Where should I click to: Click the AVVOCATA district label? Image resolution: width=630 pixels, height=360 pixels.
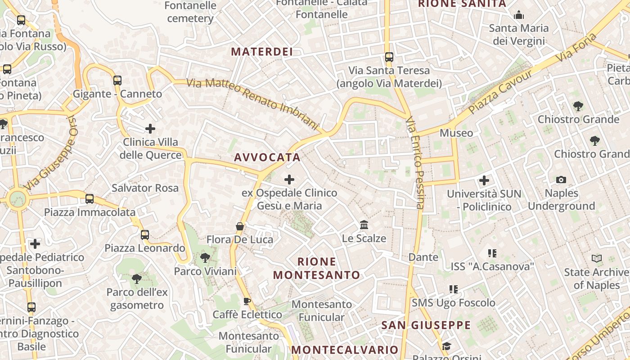tap(267, 157)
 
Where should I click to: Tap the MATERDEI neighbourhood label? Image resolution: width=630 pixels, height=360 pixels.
tap(262, 52)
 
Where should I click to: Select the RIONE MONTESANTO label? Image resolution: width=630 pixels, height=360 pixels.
tap(317, 268)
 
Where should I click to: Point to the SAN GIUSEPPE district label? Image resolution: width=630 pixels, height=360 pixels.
tap(426, 325)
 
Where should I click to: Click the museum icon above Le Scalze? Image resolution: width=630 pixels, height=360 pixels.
tap(364, 225)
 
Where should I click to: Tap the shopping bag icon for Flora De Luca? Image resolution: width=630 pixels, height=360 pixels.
tap(240, 226)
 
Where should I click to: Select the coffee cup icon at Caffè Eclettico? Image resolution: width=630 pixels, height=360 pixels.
tap(247, 301)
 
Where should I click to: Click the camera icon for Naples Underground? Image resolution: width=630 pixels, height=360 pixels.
tap(561, 180)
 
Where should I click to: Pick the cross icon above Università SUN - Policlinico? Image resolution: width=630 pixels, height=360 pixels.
tap(484, 181)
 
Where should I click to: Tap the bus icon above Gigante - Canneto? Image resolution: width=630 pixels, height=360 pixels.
tap(117, 81)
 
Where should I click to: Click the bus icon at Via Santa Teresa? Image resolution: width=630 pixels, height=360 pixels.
tap(389, 57)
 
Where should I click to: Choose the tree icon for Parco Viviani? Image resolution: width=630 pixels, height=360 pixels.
tap(205, 258)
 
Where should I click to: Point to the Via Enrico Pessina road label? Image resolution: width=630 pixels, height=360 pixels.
tap(415, 163)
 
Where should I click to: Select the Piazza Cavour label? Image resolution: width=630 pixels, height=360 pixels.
tap(500, 91)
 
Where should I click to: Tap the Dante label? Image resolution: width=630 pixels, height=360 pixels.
tap(423, 257)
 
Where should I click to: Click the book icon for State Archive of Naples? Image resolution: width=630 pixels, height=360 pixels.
tap(597, 259)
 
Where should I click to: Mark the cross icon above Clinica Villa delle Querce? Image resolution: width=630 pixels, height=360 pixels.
tap(150, 129)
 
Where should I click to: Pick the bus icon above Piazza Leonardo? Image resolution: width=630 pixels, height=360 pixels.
tap(145, 234)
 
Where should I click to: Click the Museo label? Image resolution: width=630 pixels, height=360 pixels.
tap(456, 133)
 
